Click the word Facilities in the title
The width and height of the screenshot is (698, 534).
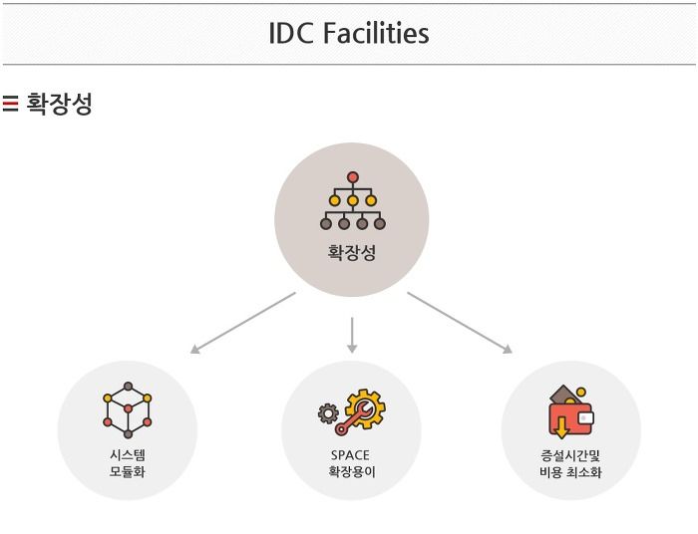click(375, 34)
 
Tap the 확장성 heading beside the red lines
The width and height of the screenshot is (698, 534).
click(60, 104)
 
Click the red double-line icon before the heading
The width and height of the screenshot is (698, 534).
click(11, 104)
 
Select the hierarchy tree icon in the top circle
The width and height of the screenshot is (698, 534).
click(352, 201)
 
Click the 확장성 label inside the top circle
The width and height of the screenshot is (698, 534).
click(352, 253)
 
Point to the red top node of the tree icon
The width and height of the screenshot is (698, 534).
click(352, 177)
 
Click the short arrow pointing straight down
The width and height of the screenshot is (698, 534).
click(352, 335)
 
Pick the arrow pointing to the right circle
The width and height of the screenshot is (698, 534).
click(460, 323)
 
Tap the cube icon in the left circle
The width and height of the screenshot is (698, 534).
click(128, 409)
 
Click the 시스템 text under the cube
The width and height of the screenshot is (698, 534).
click(128, 455)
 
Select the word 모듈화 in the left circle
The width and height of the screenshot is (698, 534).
click(128, 472)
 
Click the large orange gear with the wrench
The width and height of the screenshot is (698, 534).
click(362, 410)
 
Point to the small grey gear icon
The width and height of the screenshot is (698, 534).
click(327, 413)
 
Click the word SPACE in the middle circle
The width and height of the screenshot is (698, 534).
click(350, 455)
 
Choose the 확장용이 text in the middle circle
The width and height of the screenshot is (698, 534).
click(350, 472)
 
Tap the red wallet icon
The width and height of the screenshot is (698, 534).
click(569, 412)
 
